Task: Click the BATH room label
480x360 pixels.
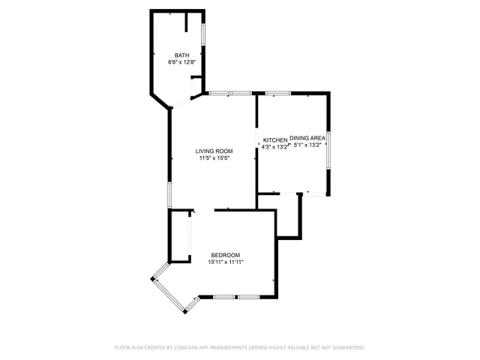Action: tap(182, 55)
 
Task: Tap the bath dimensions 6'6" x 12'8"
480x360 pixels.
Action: tap(182, 62)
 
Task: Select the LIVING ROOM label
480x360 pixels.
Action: tap(214, 151)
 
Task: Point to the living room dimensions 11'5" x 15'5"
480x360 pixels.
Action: tap(214, 158)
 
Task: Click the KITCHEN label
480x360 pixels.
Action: tap(274, 140)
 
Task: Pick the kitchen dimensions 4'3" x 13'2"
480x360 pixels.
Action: tap(274, 147)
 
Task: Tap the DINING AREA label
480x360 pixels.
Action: tap(307, 138)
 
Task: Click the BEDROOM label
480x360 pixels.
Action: tap(225, 255)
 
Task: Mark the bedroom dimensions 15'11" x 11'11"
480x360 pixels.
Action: tap(226, 262)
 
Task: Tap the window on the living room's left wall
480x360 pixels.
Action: tap(169, 195)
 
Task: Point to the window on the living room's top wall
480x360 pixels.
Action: tap(230, 93)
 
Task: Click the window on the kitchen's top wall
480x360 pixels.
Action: tap(278, 93)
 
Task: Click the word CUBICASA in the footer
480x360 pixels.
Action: tap(186, 348)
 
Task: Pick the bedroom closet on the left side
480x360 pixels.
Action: tap(179, 236)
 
